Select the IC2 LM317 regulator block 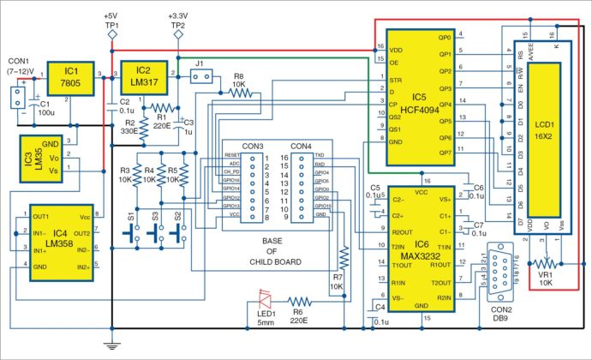[144, 75]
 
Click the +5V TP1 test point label [111, 21]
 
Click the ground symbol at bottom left [111, 345]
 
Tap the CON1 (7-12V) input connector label [21, 66]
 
